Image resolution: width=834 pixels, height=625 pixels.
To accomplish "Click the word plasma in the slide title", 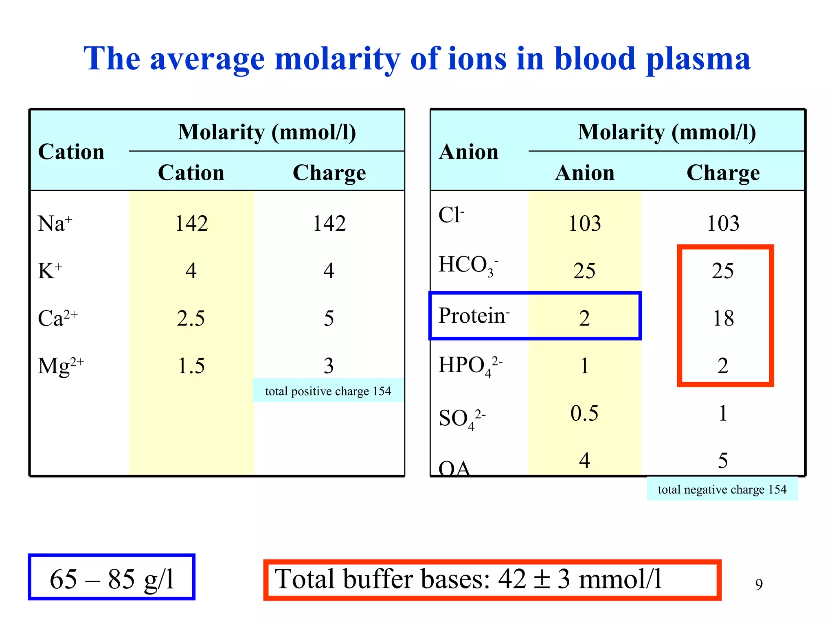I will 698,59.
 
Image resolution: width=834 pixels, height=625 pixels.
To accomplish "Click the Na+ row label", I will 55,223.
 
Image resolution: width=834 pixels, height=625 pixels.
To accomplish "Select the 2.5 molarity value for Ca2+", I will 191,318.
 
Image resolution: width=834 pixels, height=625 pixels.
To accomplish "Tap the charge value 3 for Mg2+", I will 329,366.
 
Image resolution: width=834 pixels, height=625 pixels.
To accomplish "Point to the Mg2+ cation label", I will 61,366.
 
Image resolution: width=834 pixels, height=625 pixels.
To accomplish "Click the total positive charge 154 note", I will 328,391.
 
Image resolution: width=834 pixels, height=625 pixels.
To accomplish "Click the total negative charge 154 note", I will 722,489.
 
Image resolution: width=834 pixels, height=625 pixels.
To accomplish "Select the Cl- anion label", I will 451,215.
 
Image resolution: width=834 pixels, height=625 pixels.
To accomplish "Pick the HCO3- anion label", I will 468,265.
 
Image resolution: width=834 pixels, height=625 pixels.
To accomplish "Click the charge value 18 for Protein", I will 723,318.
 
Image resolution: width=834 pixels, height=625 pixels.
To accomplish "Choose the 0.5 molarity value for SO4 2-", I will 584,413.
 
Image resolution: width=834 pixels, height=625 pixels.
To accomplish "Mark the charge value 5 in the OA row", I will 723,461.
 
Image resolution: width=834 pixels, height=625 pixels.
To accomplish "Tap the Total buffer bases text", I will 468,579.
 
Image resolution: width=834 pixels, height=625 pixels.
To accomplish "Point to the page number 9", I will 759,585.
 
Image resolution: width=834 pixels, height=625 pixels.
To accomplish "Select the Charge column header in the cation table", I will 329,173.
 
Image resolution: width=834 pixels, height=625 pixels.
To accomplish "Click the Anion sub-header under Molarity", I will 584,173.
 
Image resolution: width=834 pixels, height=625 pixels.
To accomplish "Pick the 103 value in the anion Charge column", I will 723,223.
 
